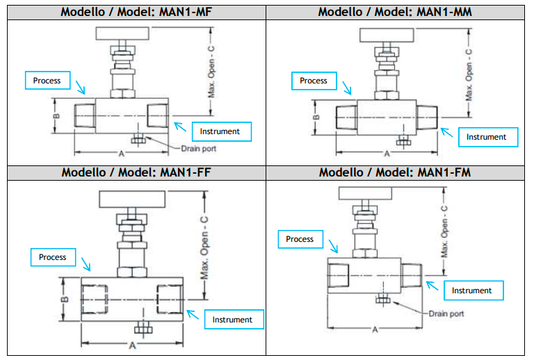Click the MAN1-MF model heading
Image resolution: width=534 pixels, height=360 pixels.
pyautogui.click(x=136, y=13)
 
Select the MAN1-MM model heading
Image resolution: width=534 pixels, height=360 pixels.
pyautogui.click(x=395, y=13)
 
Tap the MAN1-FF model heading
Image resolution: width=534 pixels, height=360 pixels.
pyautogui.click(x=136, y=172)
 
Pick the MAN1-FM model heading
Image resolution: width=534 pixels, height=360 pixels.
pyautogui.click(x=395, y=172)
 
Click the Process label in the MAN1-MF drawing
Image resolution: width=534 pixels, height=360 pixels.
pyautogui.click(x=47, y=81)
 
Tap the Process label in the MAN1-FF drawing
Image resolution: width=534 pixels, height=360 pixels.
pyautogui.click(x=52, y=257)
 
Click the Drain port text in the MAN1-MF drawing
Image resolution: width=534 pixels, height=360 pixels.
pyautogui.click(x=199, y=149)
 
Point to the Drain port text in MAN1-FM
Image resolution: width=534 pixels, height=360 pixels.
pyautogui.click(x=446, y=313)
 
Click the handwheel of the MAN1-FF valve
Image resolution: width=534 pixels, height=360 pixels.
pyautogui.click(x=132, y=199)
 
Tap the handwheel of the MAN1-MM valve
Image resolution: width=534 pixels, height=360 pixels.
pyautogui.click(x=387, y=35)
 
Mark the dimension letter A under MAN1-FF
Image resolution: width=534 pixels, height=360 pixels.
pyautogui.click(x=132, y=346)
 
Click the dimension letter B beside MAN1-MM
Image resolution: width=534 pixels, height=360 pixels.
pyautogui.click(x=316, y=117)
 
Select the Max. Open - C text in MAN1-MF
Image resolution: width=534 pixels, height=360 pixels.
pyautogui.click(x=211, y=72)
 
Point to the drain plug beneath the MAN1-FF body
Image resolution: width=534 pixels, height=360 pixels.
pyautogui.click(x=143, y=329)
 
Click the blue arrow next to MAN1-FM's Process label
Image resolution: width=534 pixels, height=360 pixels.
pyautogui.click(x=334, y=246)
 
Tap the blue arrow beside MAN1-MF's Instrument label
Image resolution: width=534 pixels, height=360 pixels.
pyautogui.click(x=180, y=127)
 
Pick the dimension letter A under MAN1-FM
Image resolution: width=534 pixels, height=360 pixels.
pyautogui.click(x=375, y=329)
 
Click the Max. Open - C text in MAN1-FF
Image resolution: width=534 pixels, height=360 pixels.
pyautogui.click(x=204, y=247)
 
